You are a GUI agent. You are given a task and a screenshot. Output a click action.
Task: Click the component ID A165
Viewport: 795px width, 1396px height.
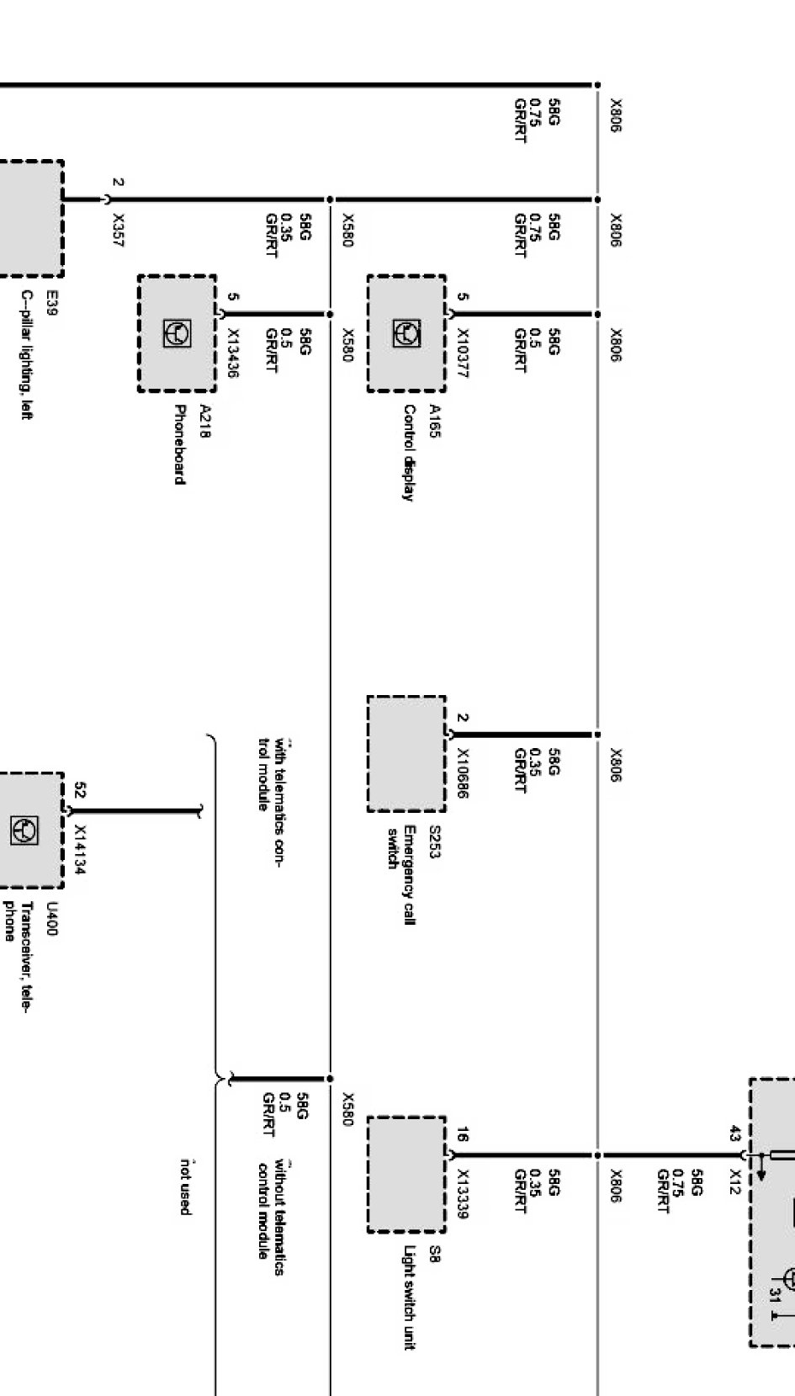[434, 421]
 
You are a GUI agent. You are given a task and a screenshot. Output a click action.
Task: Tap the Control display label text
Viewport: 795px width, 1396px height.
[409, 453]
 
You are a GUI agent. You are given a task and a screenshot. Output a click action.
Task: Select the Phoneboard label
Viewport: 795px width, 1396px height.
[179, 444]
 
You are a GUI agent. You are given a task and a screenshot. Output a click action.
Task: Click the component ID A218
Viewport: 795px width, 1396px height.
[204, 421]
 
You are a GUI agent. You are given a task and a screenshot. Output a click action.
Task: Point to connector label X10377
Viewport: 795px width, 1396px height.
[462, 353]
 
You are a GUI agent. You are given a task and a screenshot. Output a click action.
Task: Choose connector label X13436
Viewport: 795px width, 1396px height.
[233, 353]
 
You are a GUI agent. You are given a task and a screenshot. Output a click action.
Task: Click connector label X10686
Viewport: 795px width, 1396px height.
[462, 772]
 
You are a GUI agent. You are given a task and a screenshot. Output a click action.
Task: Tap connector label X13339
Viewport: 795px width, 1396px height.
[462, 1192]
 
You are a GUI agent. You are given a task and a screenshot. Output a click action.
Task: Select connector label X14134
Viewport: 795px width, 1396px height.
[79, 849]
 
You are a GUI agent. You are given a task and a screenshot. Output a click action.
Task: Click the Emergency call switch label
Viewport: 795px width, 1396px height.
[401, 875]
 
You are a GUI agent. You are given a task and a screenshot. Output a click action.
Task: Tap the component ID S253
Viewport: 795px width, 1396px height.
[434, 841]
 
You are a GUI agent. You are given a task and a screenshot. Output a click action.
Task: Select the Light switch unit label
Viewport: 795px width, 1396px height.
[409, 1298]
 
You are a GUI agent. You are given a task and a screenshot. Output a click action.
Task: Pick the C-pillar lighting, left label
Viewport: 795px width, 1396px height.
[27, 354]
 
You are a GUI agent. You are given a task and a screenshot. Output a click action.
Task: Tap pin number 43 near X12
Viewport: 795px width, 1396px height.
[734, 1134]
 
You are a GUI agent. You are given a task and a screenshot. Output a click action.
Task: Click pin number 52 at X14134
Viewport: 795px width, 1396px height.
[79, 790]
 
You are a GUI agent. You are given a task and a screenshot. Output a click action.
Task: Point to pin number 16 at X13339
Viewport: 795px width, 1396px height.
[462, 1134]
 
